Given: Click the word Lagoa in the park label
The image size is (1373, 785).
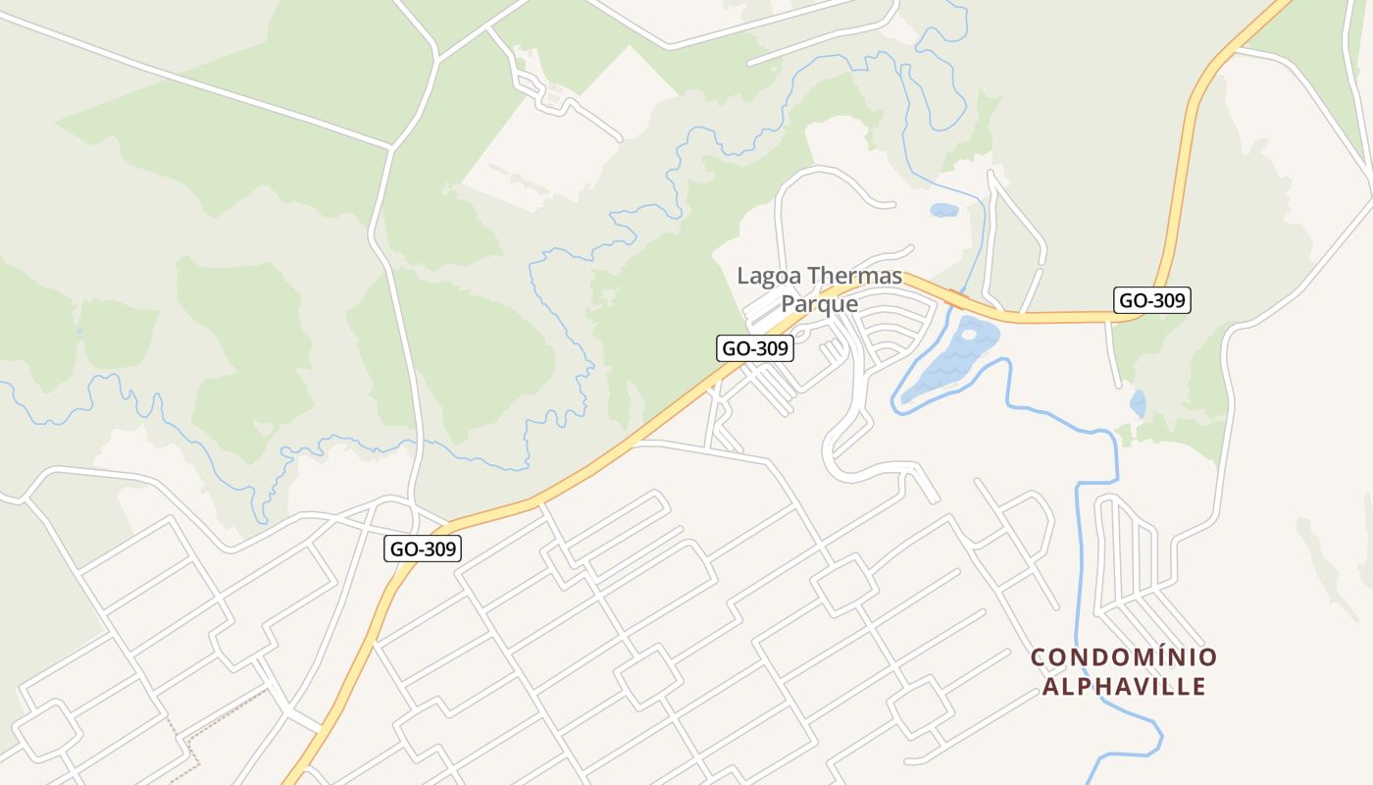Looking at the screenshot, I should tap(768, 276).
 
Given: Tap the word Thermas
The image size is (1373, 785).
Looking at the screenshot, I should tap(853, 276).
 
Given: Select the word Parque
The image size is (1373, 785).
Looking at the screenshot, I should tap(819, 304).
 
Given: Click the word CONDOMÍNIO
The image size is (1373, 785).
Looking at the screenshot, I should tap(1124, 657).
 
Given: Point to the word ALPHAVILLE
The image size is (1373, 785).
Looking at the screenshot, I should tap(1124, 686).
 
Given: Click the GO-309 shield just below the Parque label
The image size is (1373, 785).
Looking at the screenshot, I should tap(754, 348).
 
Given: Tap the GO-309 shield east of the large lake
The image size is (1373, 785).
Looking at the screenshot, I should tap(1152, 300).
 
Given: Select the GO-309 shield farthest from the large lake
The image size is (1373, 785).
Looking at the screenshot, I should tap(422, 549).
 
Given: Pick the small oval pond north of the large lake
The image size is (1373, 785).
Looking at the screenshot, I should tap(943, 210).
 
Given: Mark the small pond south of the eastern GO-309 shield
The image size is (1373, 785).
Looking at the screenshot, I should tap(1138, 403).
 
